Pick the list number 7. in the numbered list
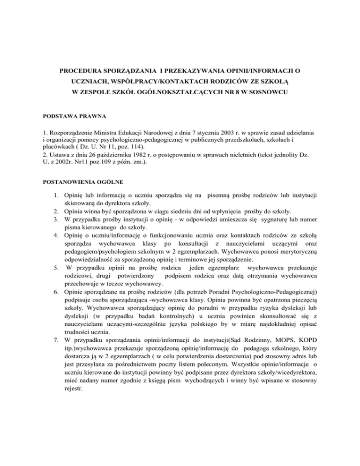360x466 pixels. [54, 339]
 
